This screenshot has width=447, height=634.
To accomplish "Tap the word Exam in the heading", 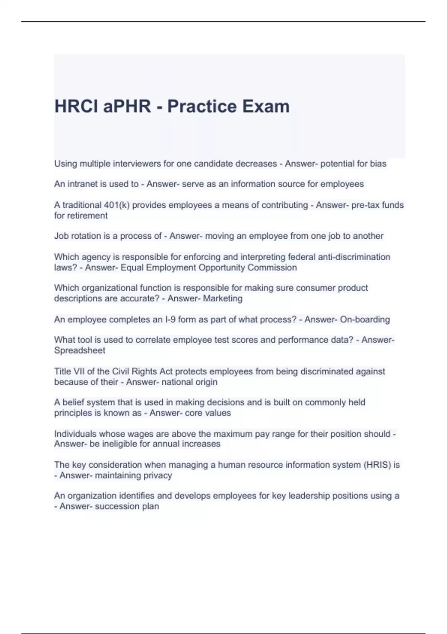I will (266, 106).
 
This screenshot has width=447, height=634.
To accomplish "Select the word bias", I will (378, 164).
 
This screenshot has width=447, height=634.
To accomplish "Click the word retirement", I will (90, 216).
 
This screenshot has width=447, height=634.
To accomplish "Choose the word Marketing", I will (223, 298).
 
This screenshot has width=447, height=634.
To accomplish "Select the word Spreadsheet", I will (80, 351).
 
